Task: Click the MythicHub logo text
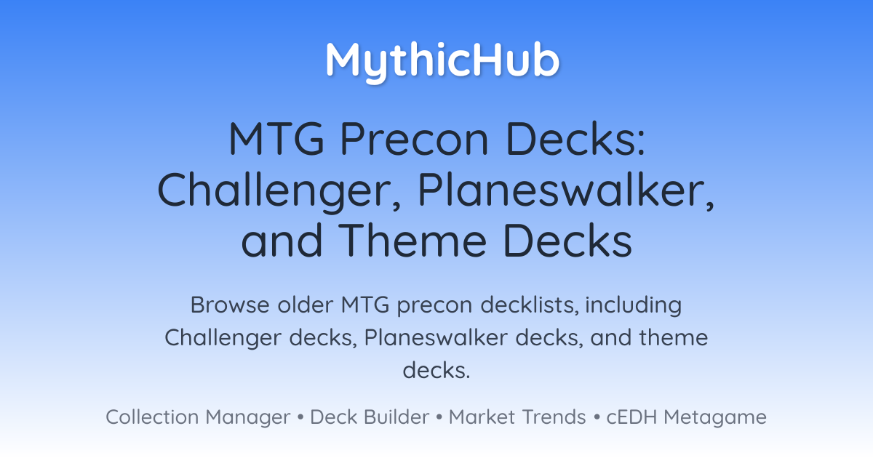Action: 442,61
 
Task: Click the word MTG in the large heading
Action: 276,139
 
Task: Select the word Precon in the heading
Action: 414,139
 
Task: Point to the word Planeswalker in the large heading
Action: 566,190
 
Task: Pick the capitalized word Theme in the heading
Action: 412,241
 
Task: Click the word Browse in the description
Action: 230,305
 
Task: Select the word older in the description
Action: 306,305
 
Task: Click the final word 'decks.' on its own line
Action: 436,370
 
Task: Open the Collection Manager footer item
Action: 198,417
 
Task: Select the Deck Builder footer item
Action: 370,417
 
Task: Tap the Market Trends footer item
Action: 517,417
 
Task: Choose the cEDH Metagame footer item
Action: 686,417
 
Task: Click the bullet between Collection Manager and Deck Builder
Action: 300,417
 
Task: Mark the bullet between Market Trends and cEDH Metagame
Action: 597,417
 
